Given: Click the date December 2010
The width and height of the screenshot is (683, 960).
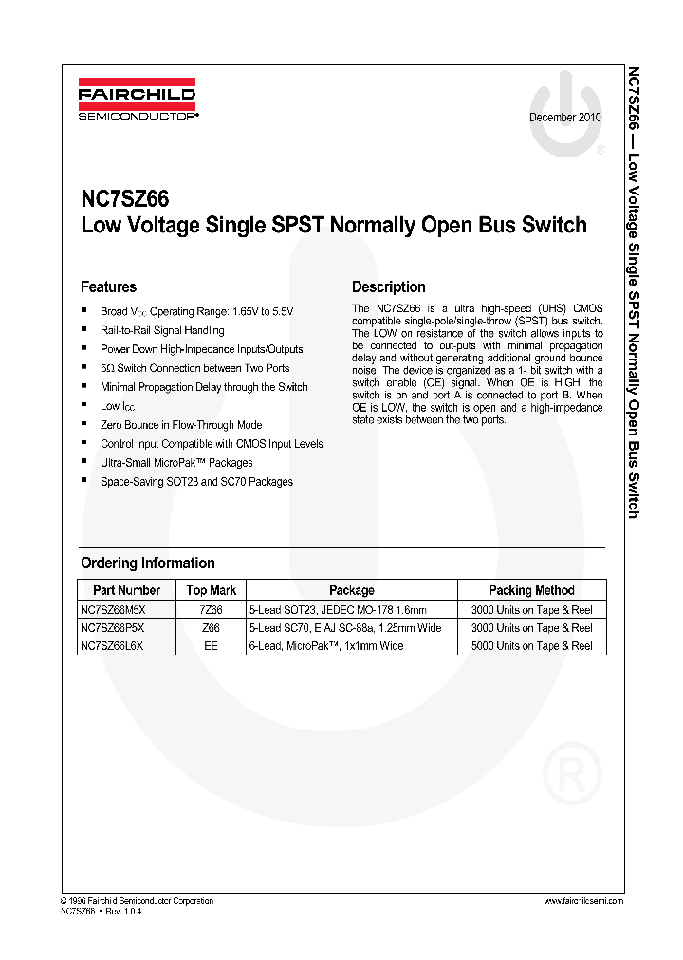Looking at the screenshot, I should click(x=564, y=118).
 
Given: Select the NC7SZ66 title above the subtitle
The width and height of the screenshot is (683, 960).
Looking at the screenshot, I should click(x=125, y=199).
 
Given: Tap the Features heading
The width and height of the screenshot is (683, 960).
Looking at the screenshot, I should click(x=108, y=287).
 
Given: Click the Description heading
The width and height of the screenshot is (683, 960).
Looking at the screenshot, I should click(x=389, y=287).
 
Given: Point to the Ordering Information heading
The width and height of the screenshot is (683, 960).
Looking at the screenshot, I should click(x=148, y=563).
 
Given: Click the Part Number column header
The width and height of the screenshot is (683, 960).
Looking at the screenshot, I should click(x=126, y=590).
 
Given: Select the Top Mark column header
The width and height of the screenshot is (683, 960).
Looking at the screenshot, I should click(x=211, y=590).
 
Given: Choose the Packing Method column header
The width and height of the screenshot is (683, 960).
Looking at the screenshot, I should click(x=531, y=590).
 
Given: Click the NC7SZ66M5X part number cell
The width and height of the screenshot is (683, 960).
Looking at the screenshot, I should click(x=113, y=610).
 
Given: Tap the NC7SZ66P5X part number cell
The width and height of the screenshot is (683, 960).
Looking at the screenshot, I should click(x=113, y=628).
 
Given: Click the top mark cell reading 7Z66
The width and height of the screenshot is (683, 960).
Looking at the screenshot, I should click(x=211, y=610).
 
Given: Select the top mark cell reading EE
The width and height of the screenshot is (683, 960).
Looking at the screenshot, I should click(x=211, y=646).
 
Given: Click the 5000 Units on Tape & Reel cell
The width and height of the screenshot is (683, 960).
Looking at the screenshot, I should click(x=531, y=646).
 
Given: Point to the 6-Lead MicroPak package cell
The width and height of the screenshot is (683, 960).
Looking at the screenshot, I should click(x=325, y=646).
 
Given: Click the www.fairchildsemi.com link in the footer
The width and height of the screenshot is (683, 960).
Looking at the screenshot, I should click(x=584, y=901).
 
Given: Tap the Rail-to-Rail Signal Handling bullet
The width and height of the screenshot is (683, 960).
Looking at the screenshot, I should click(x=162, y=330).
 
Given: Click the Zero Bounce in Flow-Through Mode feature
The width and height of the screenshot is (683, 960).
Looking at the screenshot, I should click(x=181, y=425).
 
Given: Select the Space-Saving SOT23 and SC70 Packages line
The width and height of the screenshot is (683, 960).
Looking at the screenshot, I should click(x=196, y=482).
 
